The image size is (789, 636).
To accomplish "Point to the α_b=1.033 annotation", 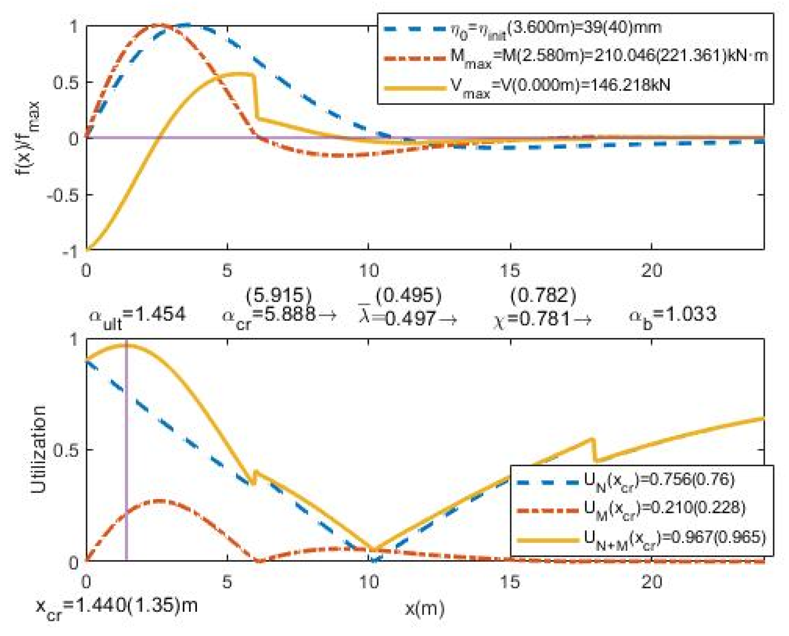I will [x=673, y=315].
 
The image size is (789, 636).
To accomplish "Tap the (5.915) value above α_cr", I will [x=279, y=295].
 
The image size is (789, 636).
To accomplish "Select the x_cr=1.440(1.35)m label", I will [x=116, y=606].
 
